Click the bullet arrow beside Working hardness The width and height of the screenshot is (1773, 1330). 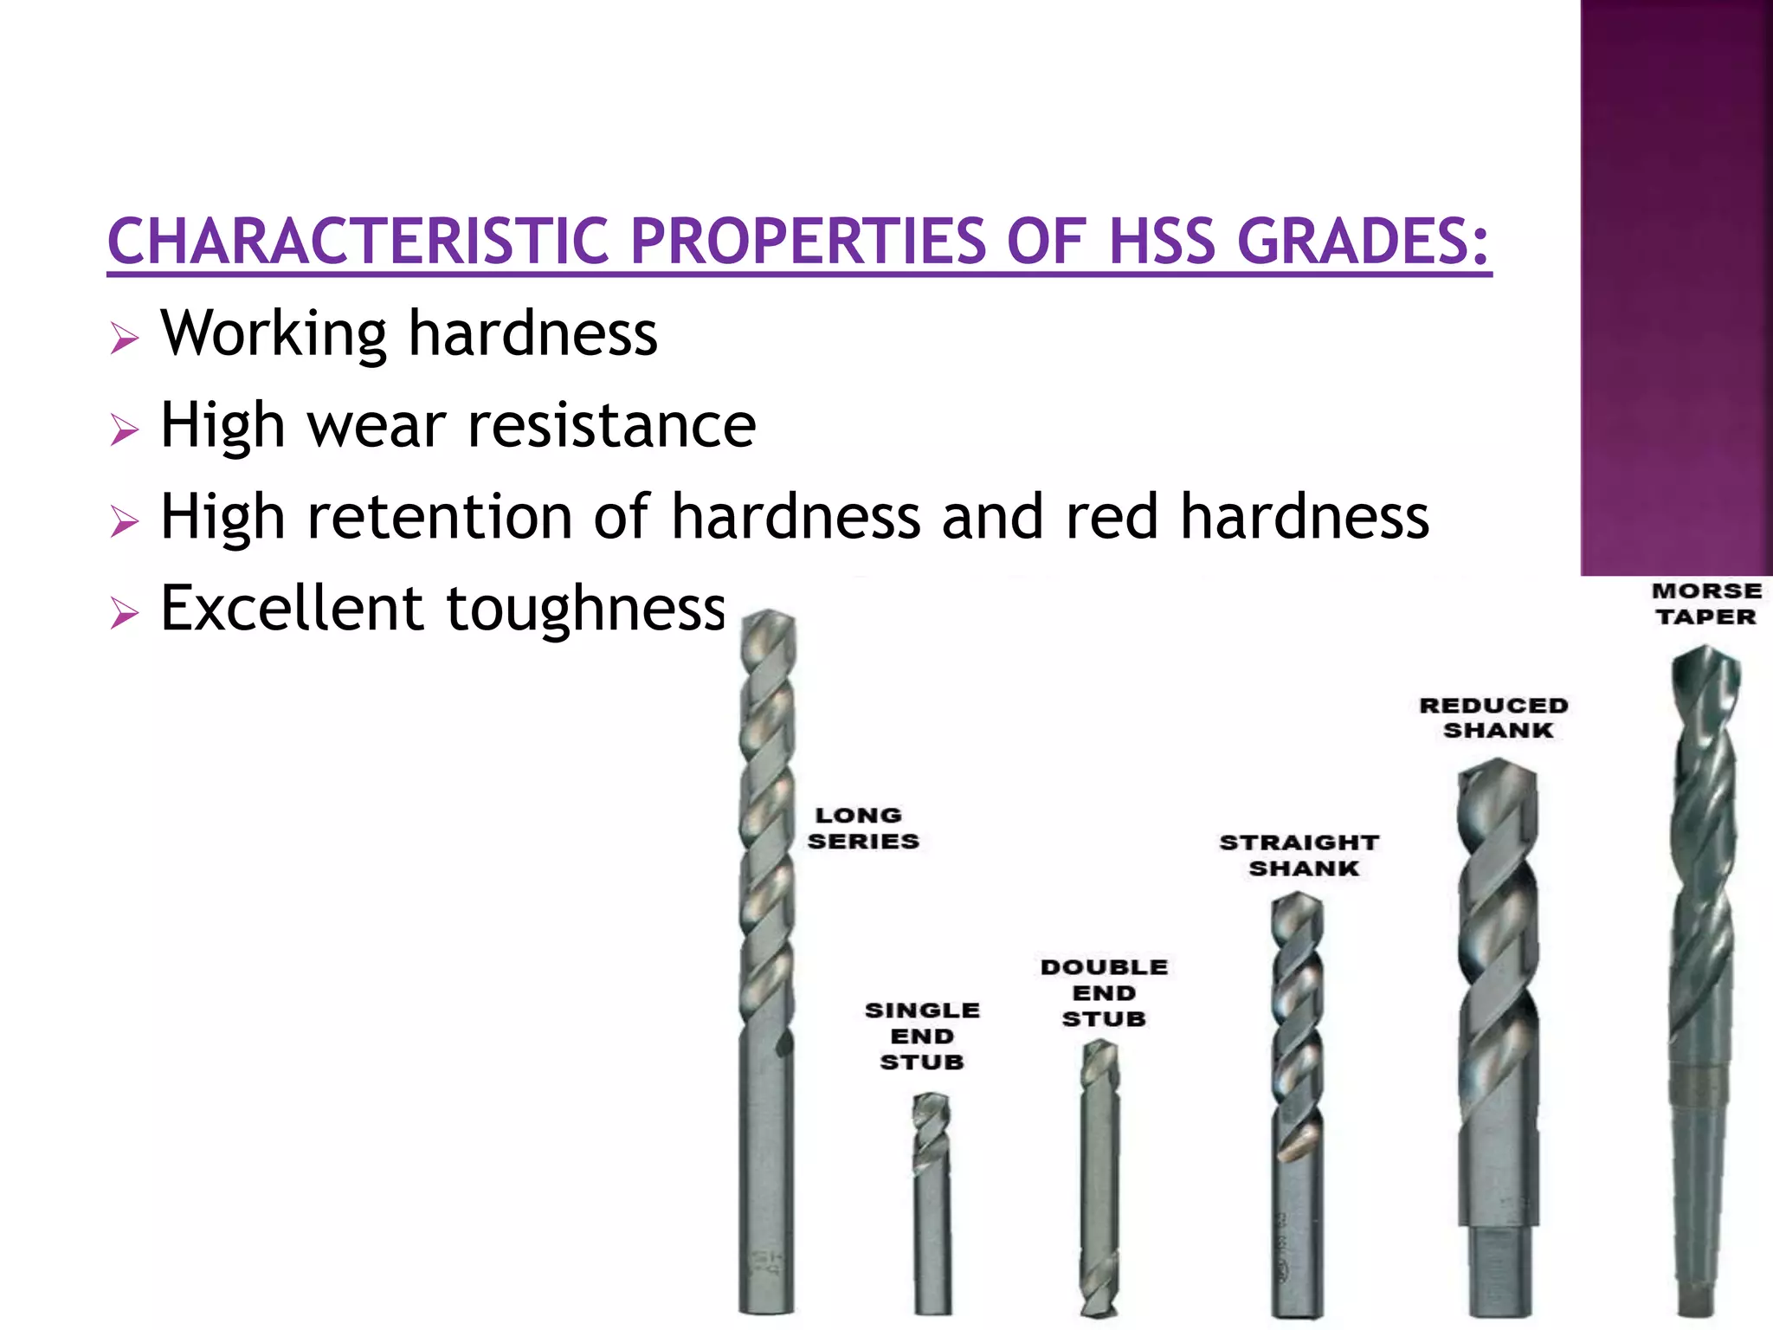125,338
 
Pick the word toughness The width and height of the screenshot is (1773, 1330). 585,610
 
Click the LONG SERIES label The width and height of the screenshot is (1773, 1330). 862,828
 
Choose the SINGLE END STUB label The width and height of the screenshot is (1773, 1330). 922,1036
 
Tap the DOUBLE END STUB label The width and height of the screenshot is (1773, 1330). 1104,992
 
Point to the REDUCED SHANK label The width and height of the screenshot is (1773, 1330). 1494,718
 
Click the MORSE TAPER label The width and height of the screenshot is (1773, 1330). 1706,604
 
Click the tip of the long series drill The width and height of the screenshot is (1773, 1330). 768,617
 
